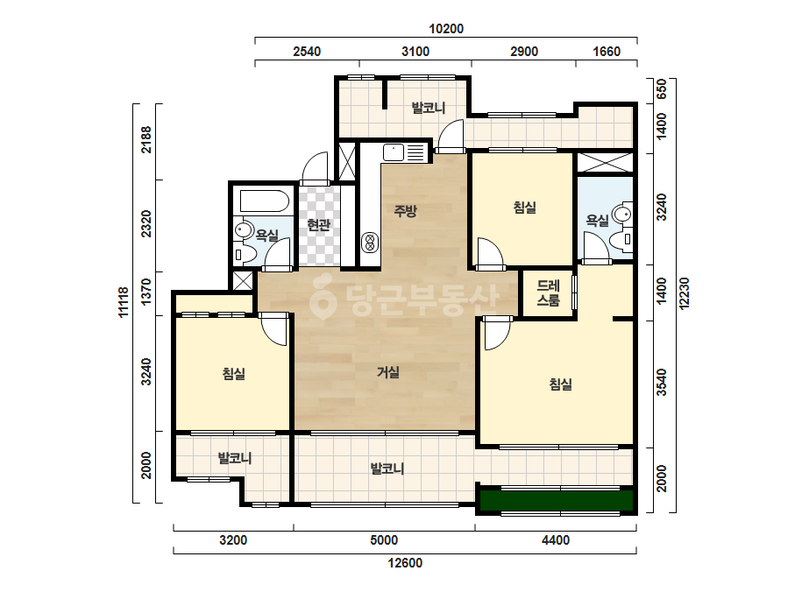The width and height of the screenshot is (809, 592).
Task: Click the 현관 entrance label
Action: tap(318, 225)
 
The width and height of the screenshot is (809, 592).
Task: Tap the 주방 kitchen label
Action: tap(405, 210)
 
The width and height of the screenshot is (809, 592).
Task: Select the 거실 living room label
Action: tap(388, 372)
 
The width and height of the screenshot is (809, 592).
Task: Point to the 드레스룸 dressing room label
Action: tap(548, 292)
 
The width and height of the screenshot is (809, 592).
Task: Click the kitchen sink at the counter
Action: tap(394, 152)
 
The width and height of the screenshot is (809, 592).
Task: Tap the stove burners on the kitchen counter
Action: tap(369, 242)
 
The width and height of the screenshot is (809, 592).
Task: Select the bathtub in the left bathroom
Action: tap(264, 201)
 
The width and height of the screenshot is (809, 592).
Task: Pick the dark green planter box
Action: tap(557, 500)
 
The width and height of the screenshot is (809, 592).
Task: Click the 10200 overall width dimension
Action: tap(446, 29)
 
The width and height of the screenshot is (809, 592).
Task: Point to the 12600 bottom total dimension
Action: tap(405, 563)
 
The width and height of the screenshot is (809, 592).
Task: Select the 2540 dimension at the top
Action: tap(307, 52)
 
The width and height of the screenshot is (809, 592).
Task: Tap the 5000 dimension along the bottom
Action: tap(384, 540)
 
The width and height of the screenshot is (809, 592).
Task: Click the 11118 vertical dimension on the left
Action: tap(123, 302)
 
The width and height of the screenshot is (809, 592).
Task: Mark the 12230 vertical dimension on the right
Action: tap(685, 293)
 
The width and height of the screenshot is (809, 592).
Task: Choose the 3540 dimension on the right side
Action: tap(662, 382)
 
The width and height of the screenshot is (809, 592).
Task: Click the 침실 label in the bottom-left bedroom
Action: tap(234, 373)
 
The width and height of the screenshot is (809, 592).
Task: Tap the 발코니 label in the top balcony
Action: tap(429, 108)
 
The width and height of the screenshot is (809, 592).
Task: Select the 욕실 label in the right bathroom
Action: tap(597, 221)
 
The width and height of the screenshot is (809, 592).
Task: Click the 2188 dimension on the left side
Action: tap(146, 139)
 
